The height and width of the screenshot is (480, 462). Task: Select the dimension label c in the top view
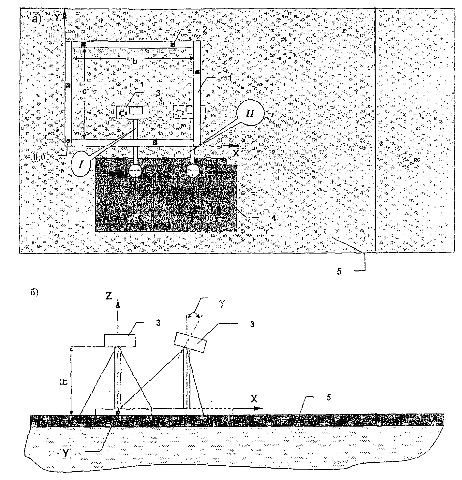[x=84, y=92]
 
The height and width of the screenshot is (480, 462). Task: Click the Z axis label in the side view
[x=110, y=296]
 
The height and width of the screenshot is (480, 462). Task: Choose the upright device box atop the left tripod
[x=120, y=340]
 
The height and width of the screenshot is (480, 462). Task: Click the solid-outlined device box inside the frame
[x=133, y=112]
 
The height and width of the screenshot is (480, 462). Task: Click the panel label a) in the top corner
[x=36, y=20]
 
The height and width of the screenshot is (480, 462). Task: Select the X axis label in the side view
[x=254, y=399]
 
